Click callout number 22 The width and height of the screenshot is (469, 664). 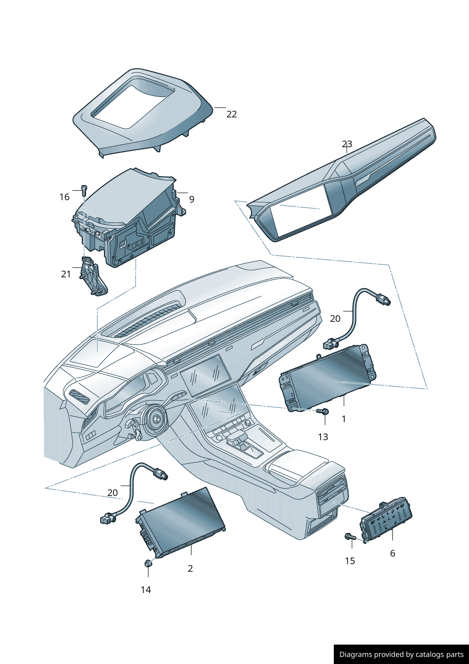[x=232, y=114]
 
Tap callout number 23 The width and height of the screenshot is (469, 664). [x=347, y=144]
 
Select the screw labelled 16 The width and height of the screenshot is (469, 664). [x=84, y=190]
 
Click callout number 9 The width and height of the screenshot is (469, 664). [x=191, y=200]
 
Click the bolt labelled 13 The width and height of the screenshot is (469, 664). [x=323, y=411]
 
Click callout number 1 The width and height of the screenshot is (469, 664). [x=344, y=419]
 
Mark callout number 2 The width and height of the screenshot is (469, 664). [x=190, y=568]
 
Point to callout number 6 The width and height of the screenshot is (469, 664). [x=392, y=553]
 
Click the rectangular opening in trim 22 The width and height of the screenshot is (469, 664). [x=130, y=103]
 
